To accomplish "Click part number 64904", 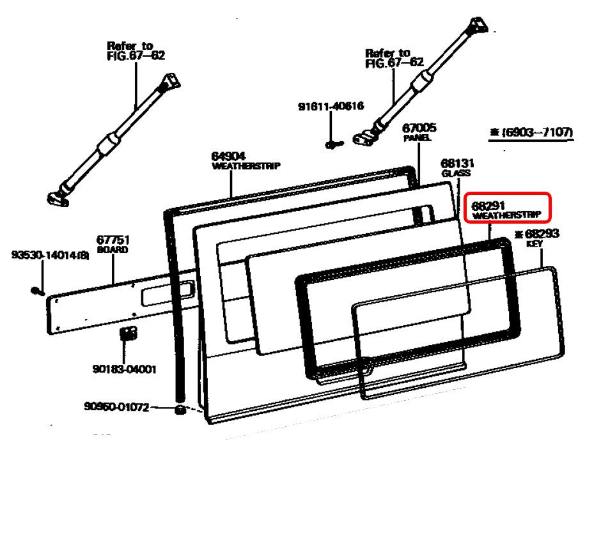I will point(228,156).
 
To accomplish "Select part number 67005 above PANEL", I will point(419,128).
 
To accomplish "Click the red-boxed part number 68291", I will point(489,206).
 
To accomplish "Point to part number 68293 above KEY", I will point(542,234).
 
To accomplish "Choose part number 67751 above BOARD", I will point(113,240).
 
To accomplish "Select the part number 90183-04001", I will point(124,369).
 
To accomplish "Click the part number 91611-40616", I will point(331,106).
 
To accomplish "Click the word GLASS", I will point(456,173).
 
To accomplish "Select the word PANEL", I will point(417,138).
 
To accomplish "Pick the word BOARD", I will point(112,250).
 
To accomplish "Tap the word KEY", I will point(535,244).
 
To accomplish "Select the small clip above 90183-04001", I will point(129,333).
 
